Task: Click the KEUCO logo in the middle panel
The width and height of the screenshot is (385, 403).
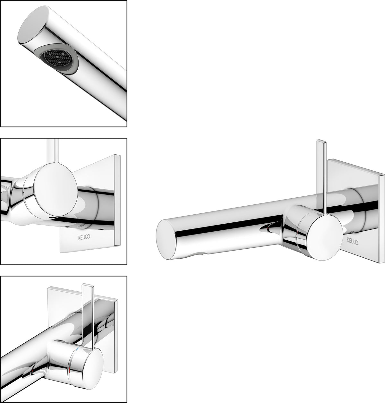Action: click(84, 237)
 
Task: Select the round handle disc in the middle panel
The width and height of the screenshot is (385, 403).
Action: click(56, 189)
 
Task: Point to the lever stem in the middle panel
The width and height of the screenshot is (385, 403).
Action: click(52, 150)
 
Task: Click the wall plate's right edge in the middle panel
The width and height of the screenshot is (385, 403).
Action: click(117, 200)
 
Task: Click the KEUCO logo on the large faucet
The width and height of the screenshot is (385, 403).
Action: click(353, 241)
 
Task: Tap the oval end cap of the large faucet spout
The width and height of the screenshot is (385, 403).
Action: click(166, 239)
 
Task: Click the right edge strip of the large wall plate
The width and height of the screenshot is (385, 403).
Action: click(381, 219)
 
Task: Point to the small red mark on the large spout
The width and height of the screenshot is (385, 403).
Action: click(268, 229)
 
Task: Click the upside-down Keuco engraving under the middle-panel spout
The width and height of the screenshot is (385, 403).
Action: click(81, 226)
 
